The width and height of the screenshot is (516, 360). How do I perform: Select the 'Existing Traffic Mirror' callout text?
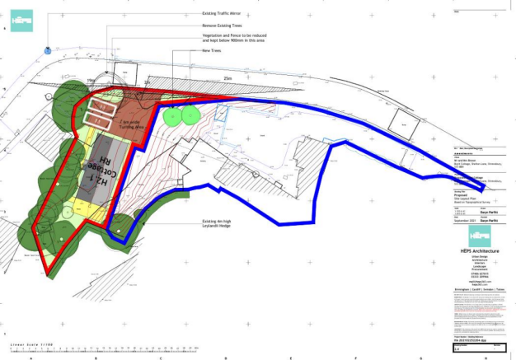coord(227,14)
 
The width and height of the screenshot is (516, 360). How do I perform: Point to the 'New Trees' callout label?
coord(212,51)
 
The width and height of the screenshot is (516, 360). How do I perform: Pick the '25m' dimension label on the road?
coord(228,79)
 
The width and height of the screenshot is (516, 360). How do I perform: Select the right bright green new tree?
coord(191,114)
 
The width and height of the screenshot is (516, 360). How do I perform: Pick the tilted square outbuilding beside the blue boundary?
coord(405,119)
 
